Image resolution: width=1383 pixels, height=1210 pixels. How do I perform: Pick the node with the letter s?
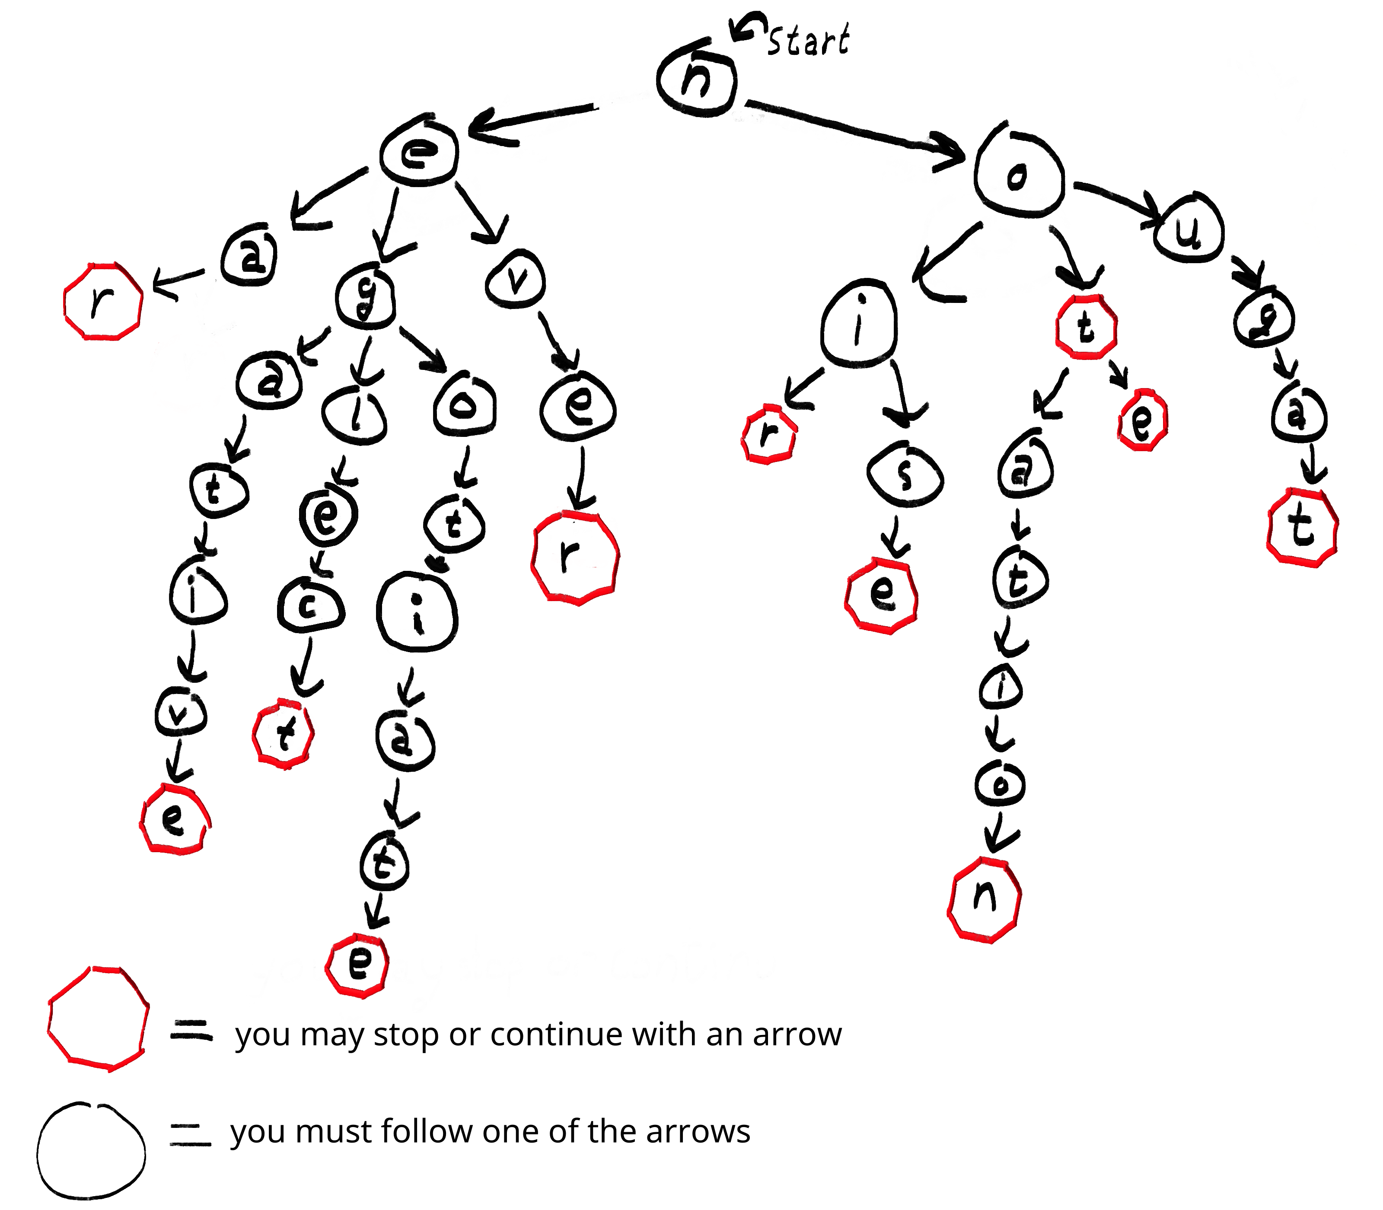(904, 476)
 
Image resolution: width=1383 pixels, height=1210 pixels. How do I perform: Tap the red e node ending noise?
(881, 594)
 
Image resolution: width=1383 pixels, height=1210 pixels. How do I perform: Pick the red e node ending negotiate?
(358, 964)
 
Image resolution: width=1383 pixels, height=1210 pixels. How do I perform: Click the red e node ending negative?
(174, 819)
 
